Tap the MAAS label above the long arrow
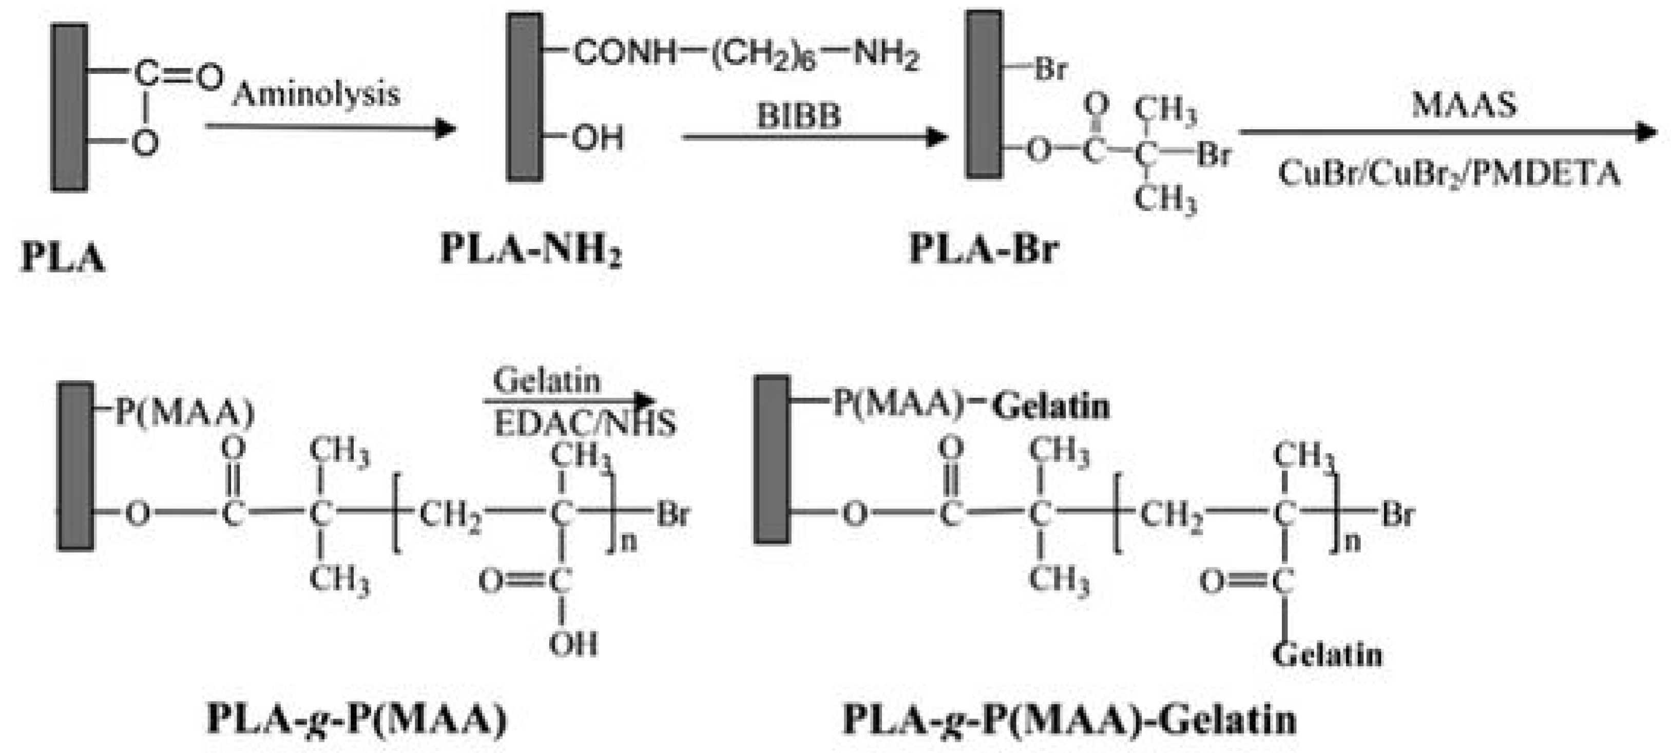tap(1464, 104)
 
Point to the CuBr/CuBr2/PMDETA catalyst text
tap(1449, 174)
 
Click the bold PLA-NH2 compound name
tap(531, 249)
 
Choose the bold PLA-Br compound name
tap(984, 249)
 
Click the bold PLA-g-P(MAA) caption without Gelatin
tap(357, 719)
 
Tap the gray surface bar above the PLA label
tap(69, 108)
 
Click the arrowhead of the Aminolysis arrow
tap(446, 128)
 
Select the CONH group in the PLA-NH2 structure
tap(625, 52)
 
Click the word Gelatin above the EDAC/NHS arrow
tap(546, 381)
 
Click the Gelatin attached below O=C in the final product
tap(1327, 654)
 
